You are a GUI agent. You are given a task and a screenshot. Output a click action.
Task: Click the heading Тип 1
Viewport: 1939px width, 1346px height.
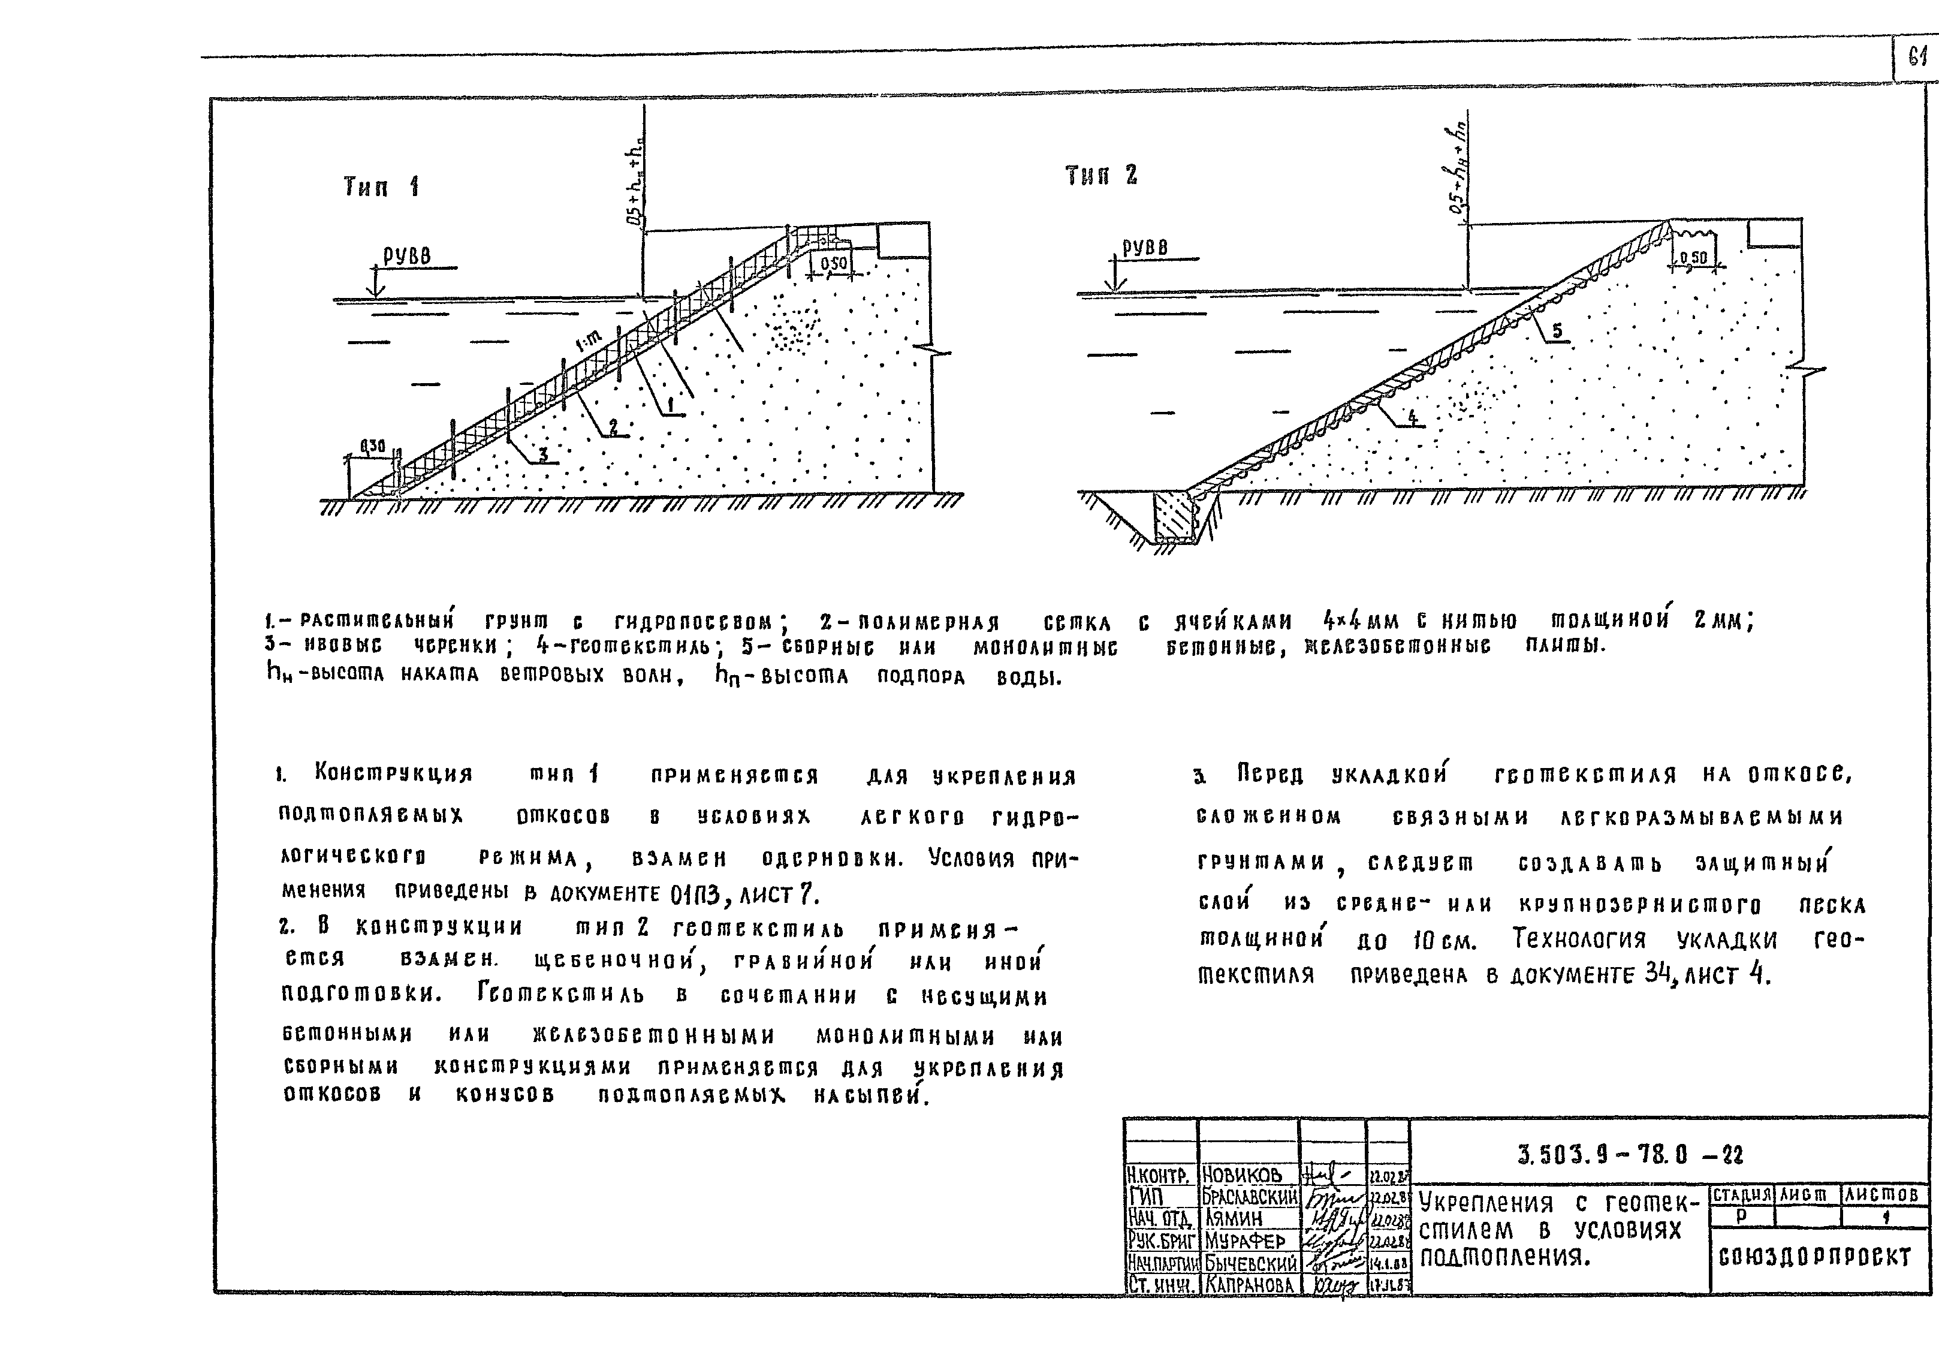[381, 187]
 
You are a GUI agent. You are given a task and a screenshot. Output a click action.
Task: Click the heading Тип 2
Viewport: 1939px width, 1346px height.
[1101, 176]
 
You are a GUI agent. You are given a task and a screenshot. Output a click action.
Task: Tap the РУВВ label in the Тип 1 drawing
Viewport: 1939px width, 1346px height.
[407, 255]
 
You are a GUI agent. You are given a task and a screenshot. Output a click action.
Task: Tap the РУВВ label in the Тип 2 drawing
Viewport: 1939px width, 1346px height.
[1145, 248]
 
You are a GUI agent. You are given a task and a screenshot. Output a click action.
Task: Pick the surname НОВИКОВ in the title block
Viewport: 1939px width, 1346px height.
[1242, 1174]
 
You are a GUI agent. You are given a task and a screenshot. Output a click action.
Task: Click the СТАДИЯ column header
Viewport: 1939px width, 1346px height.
[1742, 1195]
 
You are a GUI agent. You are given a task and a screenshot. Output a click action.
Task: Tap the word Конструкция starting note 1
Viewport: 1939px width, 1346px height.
[393, 772]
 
